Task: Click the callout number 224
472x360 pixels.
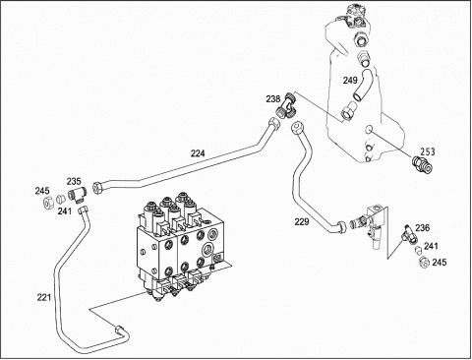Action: click(x=198, y=153)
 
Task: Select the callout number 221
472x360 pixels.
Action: click(x=44, y=297)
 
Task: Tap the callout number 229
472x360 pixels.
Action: click(x=302, y=222)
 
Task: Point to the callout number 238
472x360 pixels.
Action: click(x=273, y=98)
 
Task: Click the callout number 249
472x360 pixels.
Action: click(x=350, y=80)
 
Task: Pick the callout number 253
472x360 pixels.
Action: click(x=428, y=151)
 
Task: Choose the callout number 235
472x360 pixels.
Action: click(x=74, y=181)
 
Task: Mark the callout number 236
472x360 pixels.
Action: click(x=423, y=227)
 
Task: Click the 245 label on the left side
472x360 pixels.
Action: click(x=42, y=191)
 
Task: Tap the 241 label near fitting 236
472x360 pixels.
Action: click(x=431, y=246)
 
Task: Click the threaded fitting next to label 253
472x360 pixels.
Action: click(x=423, y=164)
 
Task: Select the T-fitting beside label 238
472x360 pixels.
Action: click(x=287, y=105)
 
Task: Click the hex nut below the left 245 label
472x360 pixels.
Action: click(x=49, y=204)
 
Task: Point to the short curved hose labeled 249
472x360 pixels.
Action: click(x=363, y=85)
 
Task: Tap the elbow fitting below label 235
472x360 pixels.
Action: click(x=77, y=196)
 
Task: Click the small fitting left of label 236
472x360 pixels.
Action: click(x=409, y=235)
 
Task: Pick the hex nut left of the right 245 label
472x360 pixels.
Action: click(x=425, y=263)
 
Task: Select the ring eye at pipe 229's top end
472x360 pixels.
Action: click(x=297, y=127)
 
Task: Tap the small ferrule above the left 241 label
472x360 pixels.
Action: click(x=60, y=199)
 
